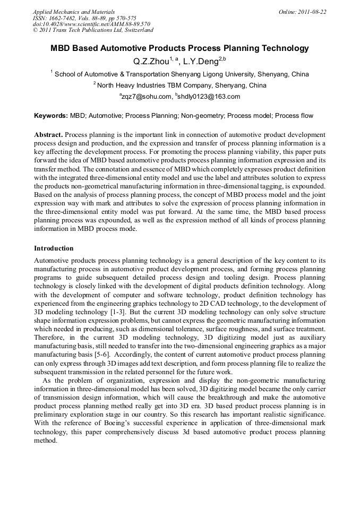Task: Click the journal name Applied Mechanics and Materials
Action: tap(73, 12)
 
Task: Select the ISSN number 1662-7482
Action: tap(67, 18)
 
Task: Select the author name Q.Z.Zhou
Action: tap(151, 62)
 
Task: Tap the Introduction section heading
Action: tap(54, 248)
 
